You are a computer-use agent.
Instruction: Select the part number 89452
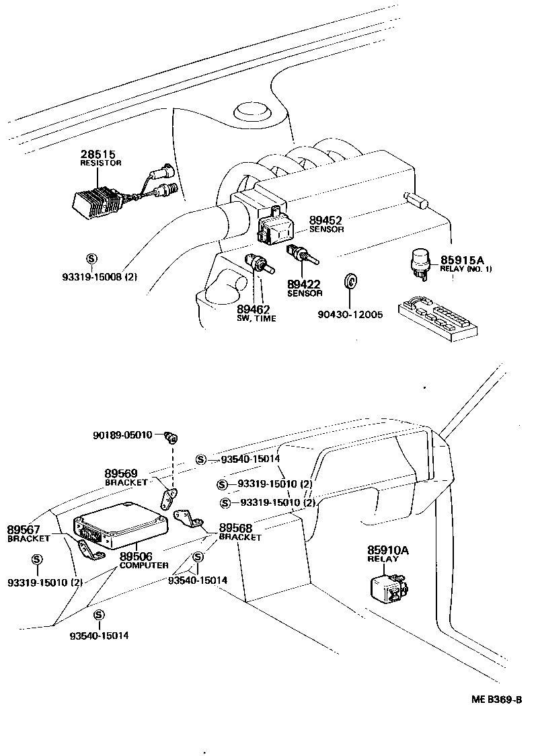click(x=326, y=220)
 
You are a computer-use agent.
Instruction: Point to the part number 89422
click(x=305, y=284)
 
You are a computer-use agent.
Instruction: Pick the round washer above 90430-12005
click(x=349, y=280)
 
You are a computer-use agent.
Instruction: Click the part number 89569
click(x=122, y=474)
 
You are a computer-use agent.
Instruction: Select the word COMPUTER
click(x=144, y=565)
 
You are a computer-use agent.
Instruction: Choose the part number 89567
click(x=24, y=529)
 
